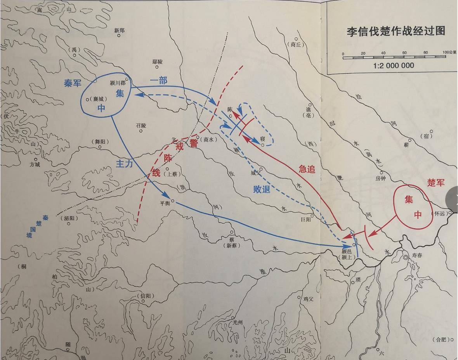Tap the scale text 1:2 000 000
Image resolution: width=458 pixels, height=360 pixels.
click(x=394, y=65)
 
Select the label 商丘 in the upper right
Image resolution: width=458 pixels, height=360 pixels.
click(x=296, y=44)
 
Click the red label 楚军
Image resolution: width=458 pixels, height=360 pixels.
click(x=435, y=182)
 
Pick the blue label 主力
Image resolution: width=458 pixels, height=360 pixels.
click(x=124, y=163)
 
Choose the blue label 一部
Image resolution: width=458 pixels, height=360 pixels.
click(x=158, y=80)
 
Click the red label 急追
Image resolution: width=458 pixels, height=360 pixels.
click(x=307, y=168)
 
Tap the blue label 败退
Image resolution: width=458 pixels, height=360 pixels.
click(x=262, y=189)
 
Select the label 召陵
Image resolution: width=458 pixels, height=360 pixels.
click(x=141, y=126)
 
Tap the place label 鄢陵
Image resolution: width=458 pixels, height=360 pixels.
click(x=158, y=62)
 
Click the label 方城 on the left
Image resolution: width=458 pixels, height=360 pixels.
click(x=35, y=164)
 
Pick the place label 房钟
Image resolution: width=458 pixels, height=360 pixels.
click(x=381, y=179)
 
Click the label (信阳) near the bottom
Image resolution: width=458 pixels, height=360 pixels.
click(x=146, y=296)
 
